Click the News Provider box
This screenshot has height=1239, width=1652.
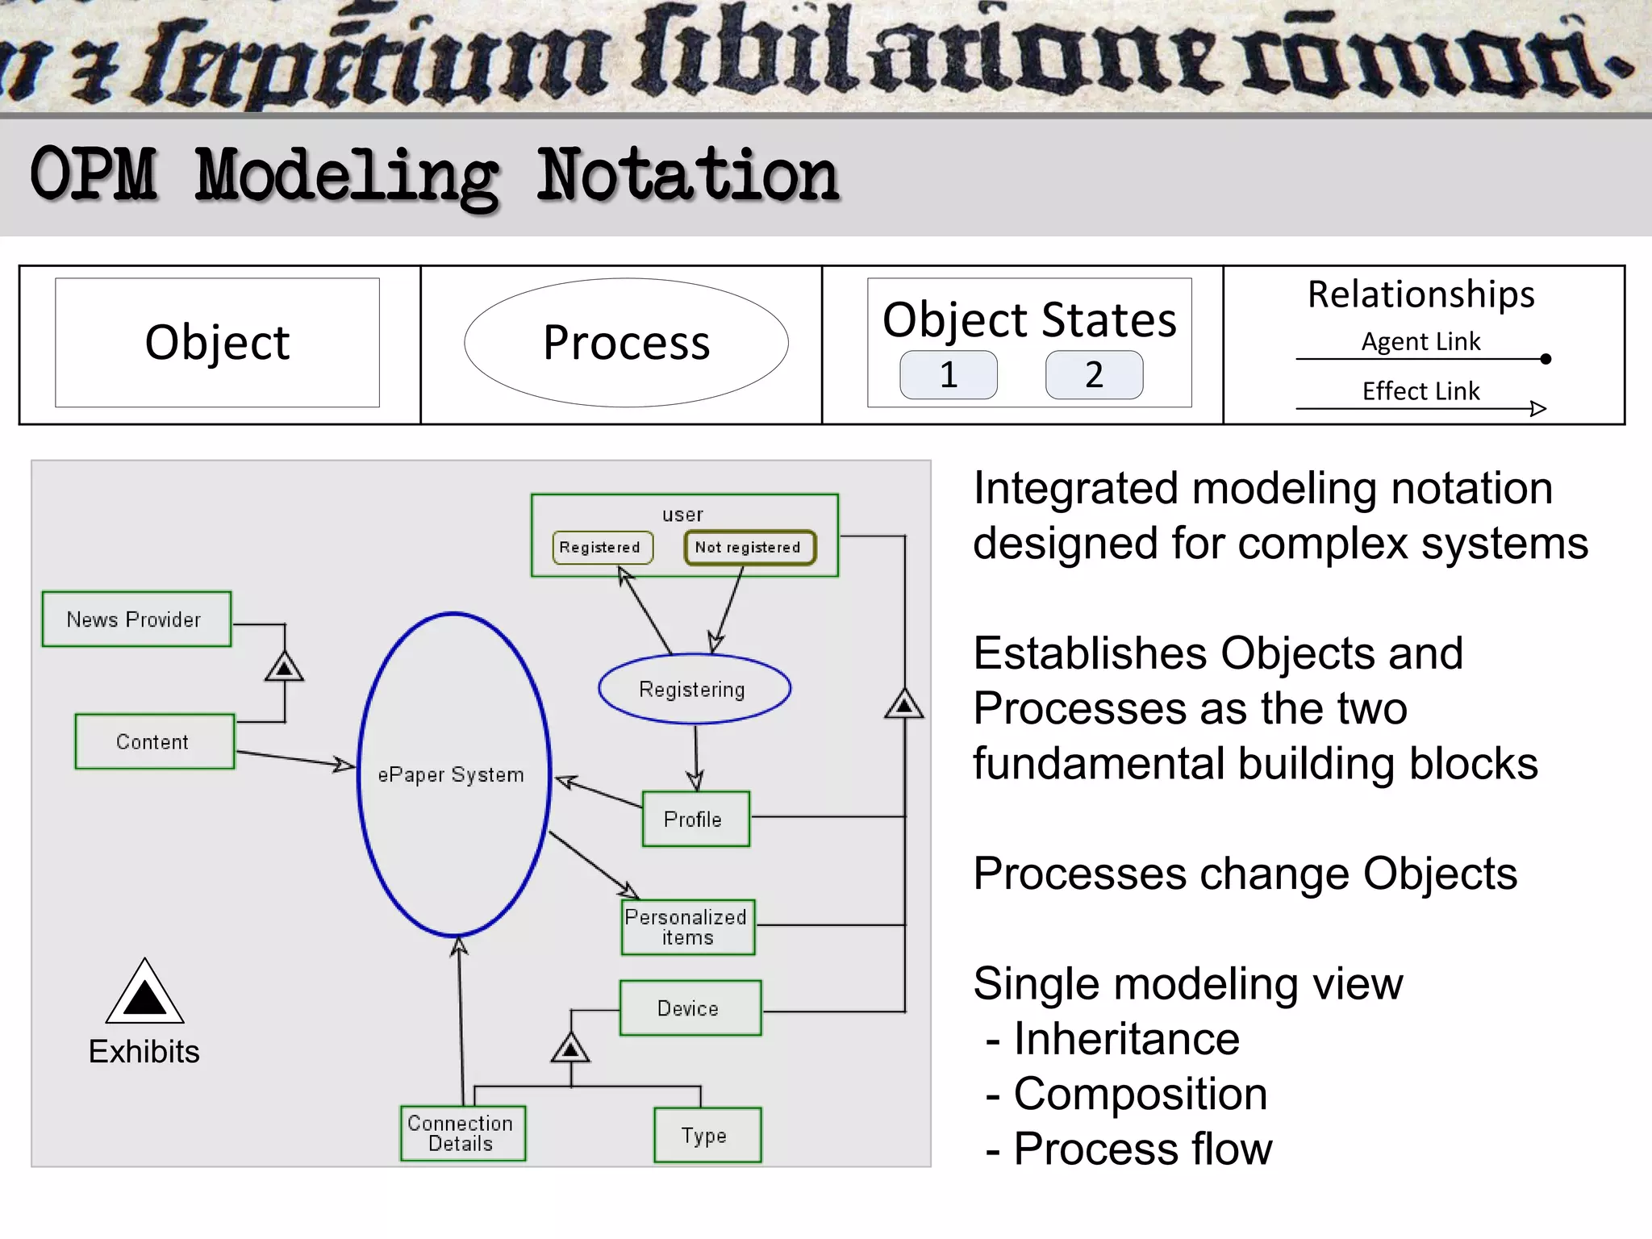(x=136, y=619)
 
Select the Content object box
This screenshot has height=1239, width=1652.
(x=154, y=741)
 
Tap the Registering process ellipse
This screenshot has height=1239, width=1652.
(x=694, y=689)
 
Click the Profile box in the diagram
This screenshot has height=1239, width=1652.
(x=695, y=819)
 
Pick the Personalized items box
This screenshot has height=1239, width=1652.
(x=687, y=927)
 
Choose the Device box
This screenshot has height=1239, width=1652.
(x=690, y=1008)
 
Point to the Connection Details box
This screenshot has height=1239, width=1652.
(x=462, y=1133)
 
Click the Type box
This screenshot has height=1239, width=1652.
(x=707, y=1135)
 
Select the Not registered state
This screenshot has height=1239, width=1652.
(x=749, y=547)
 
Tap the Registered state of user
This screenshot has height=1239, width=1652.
(x=602, y=547)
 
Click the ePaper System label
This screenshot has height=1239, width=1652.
(x=451, y=774)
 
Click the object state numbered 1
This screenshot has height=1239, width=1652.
(x=949, y=375)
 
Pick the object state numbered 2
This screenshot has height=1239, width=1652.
(x=1094, y=375)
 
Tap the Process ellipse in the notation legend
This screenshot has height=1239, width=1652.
(x=626, y=343)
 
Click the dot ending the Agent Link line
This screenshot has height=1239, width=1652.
(x=1546, y=359)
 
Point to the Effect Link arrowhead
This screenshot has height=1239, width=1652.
(x=1538, y=409)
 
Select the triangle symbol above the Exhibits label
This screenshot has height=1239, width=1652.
(x=144, y=994)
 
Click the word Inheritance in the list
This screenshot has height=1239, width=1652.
(x=1126, y=1039)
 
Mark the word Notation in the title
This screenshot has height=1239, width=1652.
(x=687, y=176)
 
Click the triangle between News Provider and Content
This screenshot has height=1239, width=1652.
(x=284, y=667)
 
